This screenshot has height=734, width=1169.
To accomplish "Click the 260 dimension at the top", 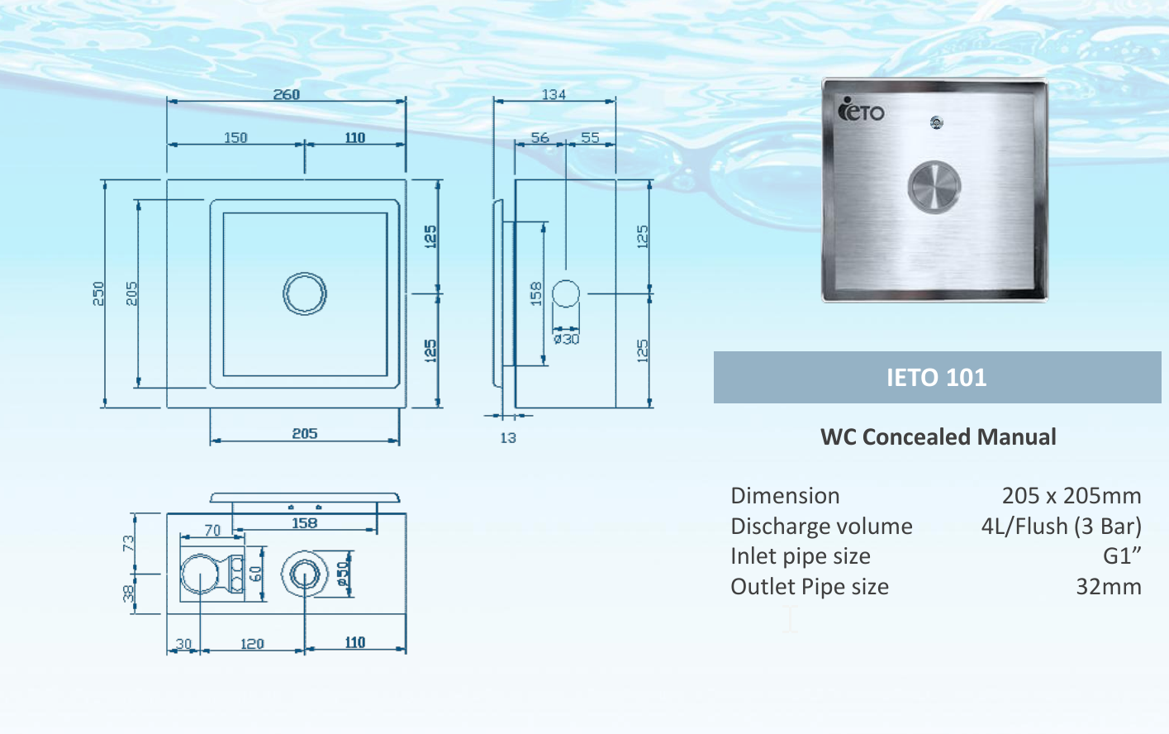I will click(287, 94).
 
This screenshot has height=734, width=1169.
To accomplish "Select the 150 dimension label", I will click(235, 137).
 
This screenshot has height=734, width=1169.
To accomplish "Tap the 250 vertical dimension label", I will click(98, 293).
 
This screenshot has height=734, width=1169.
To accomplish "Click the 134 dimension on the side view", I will click(554, 94).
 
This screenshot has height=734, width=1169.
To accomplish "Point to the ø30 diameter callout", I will click(566, 339).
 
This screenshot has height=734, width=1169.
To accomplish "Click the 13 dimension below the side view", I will click(507, 438).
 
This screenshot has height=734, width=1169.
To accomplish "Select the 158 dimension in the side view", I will click(535, 293).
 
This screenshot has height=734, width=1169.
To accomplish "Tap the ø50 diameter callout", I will click(343, 574).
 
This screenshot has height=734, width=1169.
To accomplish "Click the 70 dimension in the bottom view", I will click(212, 531).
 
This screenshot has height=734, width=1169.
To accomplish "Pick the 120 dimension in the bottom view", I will click(252, 644).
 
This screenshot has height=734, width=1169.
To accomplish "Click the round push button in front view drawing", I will click(305, 293).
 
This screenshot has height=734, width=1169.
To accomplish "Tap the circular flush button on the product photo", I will click(934, 186).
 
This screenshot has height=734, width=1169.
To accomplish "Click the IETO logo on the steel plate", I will click(861, 110).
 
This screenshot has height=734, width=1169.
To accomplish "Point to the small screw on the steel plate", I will click(936, 123).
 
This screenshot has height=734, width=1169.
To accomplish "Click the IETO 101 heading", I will click(936, 378).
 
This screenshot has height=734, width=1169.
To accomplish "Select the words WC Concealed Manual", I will click(938, 437).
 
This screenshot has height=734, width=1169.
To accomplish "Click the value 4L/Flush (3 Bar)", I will click(1061, 527).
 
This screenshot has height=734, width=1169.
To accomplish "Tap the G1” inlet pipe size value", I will click(1122, 556).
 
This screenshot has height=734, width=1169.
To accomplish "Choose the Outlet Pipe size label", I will click(810, 587).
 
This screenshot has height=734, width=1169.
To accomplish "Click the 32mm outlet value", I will click(1108, 587).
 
